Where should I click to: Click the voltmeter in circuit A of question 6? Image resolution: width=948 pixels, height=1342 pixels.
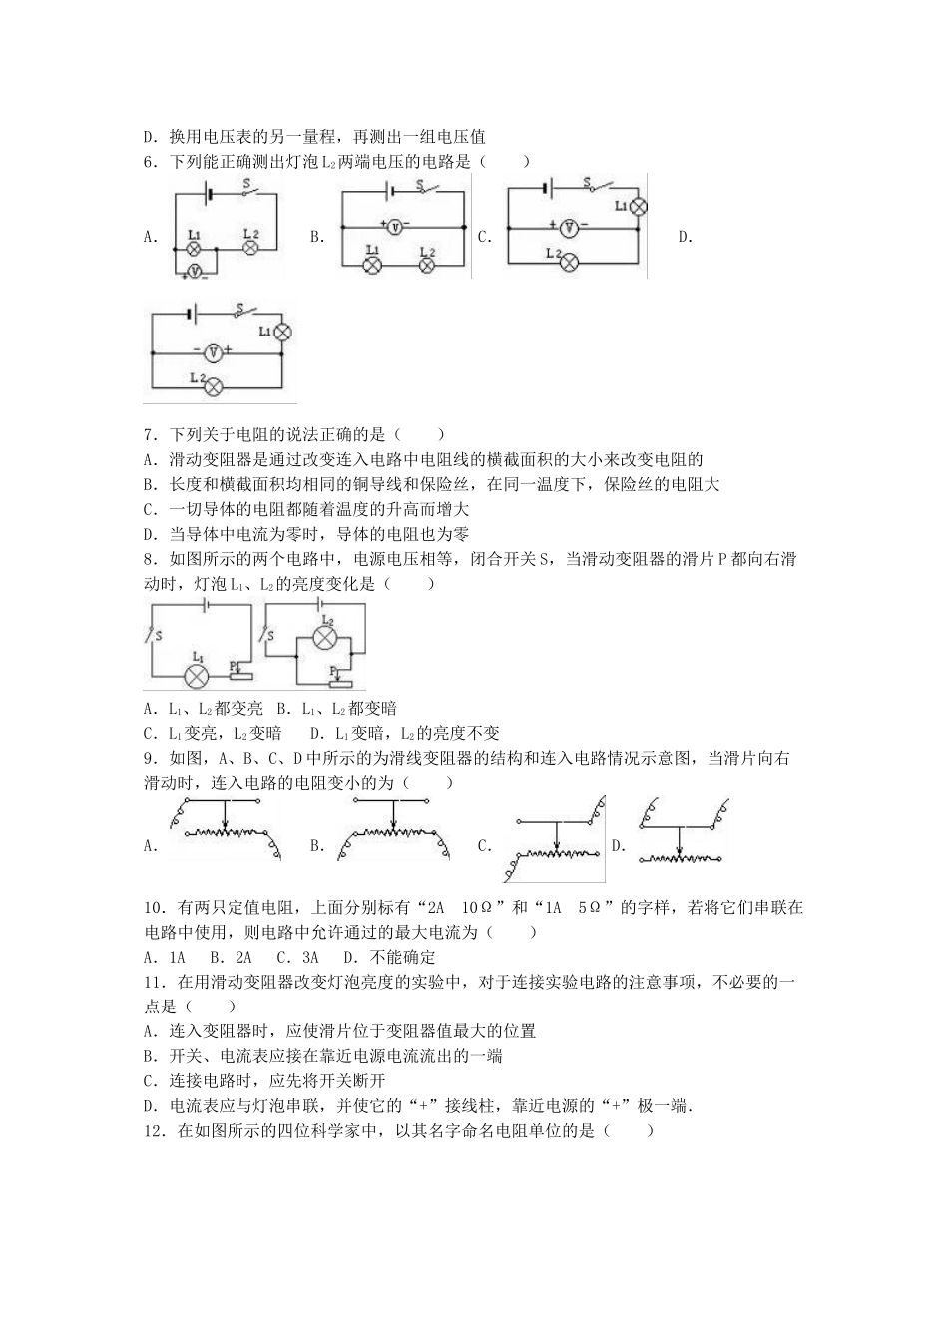click(x=197, y=271)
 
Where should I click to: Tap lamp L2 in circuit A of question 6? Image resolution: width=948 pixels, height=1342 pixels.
click(x=251, y=246)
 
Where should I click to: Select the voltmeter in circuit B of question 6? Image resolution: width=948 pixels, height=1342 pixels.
click(x=394, y=227)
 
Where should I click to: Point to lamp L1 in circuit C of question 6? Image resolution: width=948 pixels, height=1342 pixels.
click(x=638, y=205)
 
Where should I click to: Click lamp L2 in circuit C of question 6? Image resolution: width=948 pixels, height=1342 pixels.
click(x=569, y=263)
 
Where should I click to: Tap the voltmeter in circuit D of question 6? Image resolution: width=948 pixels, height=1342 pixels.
click(x=213, y=352)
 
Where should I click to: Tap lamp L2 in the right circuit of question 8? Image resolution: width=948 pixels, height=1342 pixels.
click(x=323, y=637)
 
